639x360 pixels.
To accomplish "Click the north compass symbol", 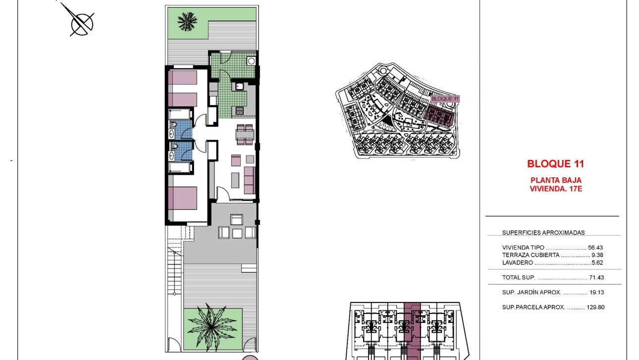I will (x=82, y=22).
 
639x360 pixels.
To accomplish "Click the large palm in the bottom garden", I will (x=213, y=326).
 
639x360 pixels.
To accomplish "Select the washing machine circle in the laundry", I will (x=251, y=61).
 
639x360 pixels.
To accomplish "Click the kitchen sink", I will (x=240, y=87).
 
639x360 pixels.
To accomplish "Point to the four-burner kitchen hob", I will (x=239, y=111).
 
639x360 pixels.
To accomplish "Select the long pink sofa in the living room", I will (x=250, y=180).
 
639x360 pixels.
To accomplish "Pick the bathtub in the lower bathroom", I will (x=180, y=167).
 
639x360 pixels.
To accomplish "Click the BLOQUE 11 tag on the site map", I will (x=445, y=99).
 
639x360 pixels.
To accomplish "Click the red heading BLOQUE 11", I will (x=555, y=163).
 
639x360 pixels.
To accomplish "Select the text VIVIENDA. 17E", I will (x=555, y=188).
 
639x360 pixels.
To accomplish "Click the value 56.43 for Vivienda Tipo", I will (x=595, y=247).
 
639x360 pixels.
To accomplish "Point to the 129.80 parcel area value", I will (x=595, y=307).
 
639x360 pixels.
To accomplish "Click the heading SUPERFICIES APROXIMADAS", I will (x=543, y=232).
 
